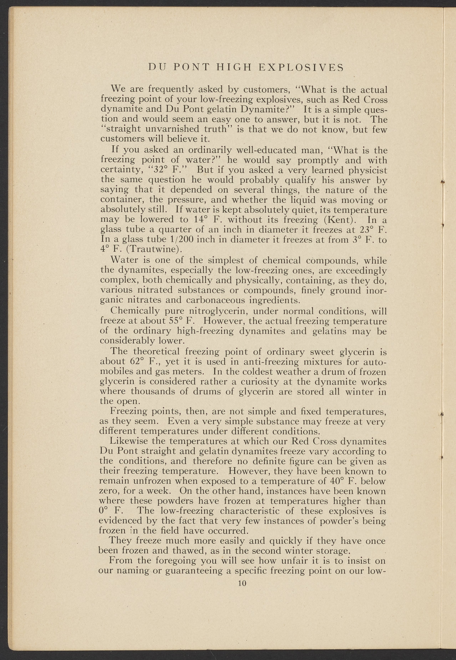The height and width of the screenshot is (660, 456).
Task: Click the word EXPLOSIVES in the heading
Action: point(301,67)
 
